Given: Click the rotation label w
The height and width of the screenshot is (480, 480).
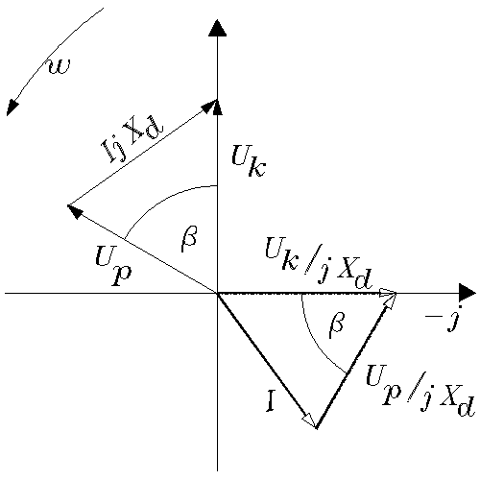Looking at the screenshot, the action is tap(60, 66).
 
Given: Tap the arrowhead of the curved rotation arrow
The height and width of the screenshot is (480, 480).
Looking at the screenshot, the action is tap(12, 108).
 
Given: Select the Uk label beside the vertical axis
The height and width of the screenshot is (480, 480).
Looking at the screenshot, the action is tap(249, 160).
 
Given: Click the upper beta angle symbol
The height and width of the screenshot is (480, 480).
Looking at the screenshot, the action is tap(189, 239).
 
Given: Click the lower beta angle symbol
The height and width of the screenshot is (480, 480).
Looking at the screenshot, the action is tap(337, 325).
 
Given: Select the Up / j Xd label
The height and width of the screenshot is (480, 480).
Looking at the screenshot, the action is tap(420, 391).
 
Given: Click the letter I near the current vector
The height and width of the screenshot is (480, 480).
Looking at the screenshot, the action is tap(271, 401).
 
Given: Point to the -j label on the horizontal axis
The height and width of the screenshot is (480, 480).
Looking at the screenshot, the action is tap(443, 319).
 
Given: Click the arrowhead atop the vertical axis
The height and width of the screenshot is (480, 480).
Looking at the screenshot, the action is tap(218, 28).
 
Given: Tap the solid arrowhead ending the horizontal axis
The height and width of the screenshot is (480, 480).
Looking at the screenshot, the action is tap(468, 293).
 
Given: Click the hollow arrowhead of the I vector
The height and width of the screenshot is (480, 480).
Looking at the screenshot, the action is tap(310, 420).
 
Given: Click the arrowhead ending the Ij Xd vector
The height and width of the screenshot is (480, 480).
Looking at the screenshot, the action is tap(209, 106).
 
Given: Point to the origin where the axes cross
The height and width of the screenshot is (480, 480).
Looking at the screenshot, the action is tap(218, 293).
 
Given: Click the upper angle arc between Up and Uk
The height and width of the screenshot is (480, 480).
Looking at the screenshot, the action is tap(160, 200).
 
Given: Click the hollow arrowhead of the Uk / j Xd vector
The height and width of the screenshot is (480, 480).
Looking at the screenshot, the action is tap(388, 293).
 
